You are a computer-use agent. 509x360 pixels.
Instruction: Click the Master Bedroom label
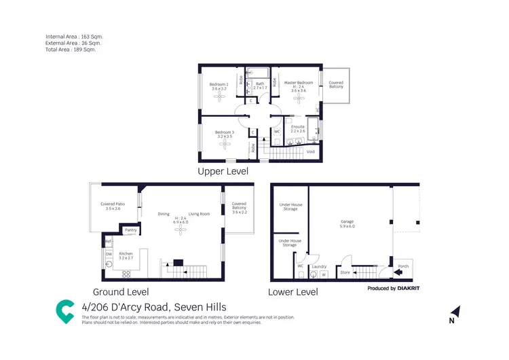pyautogui.click(x=299, y=82)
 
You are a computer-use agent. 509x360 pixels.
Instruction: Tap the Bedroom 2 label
pyautogui.click(x=219, y=84)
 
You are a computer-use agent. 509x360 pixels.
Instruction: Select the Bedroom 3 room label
pyautogui.click(x=225, y=132)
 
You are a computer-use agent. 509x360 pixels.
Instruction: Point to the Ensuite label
pyautogui.click(x=298, y=126)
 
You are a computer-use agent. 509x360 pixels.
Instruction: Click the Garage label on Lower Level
pyautogui.click(x=347, y=222)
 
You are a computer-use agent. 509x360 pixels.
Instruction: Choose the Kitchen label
pyautogui.click(x=126, y=253)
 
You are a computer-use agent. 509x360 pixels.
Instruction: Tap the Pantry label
pyautogui.click(x=131, y=230)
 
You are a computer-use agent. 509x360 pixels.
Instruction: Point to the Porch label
pyautogui.click(x=403, y=266)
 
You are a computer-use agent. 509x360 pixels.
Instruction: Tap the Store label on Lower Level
pyautogui.click(x=345, y=272)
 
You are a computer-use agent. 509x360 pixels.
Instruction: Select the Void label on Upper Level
pyautogui.click(x=311, y=151)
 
